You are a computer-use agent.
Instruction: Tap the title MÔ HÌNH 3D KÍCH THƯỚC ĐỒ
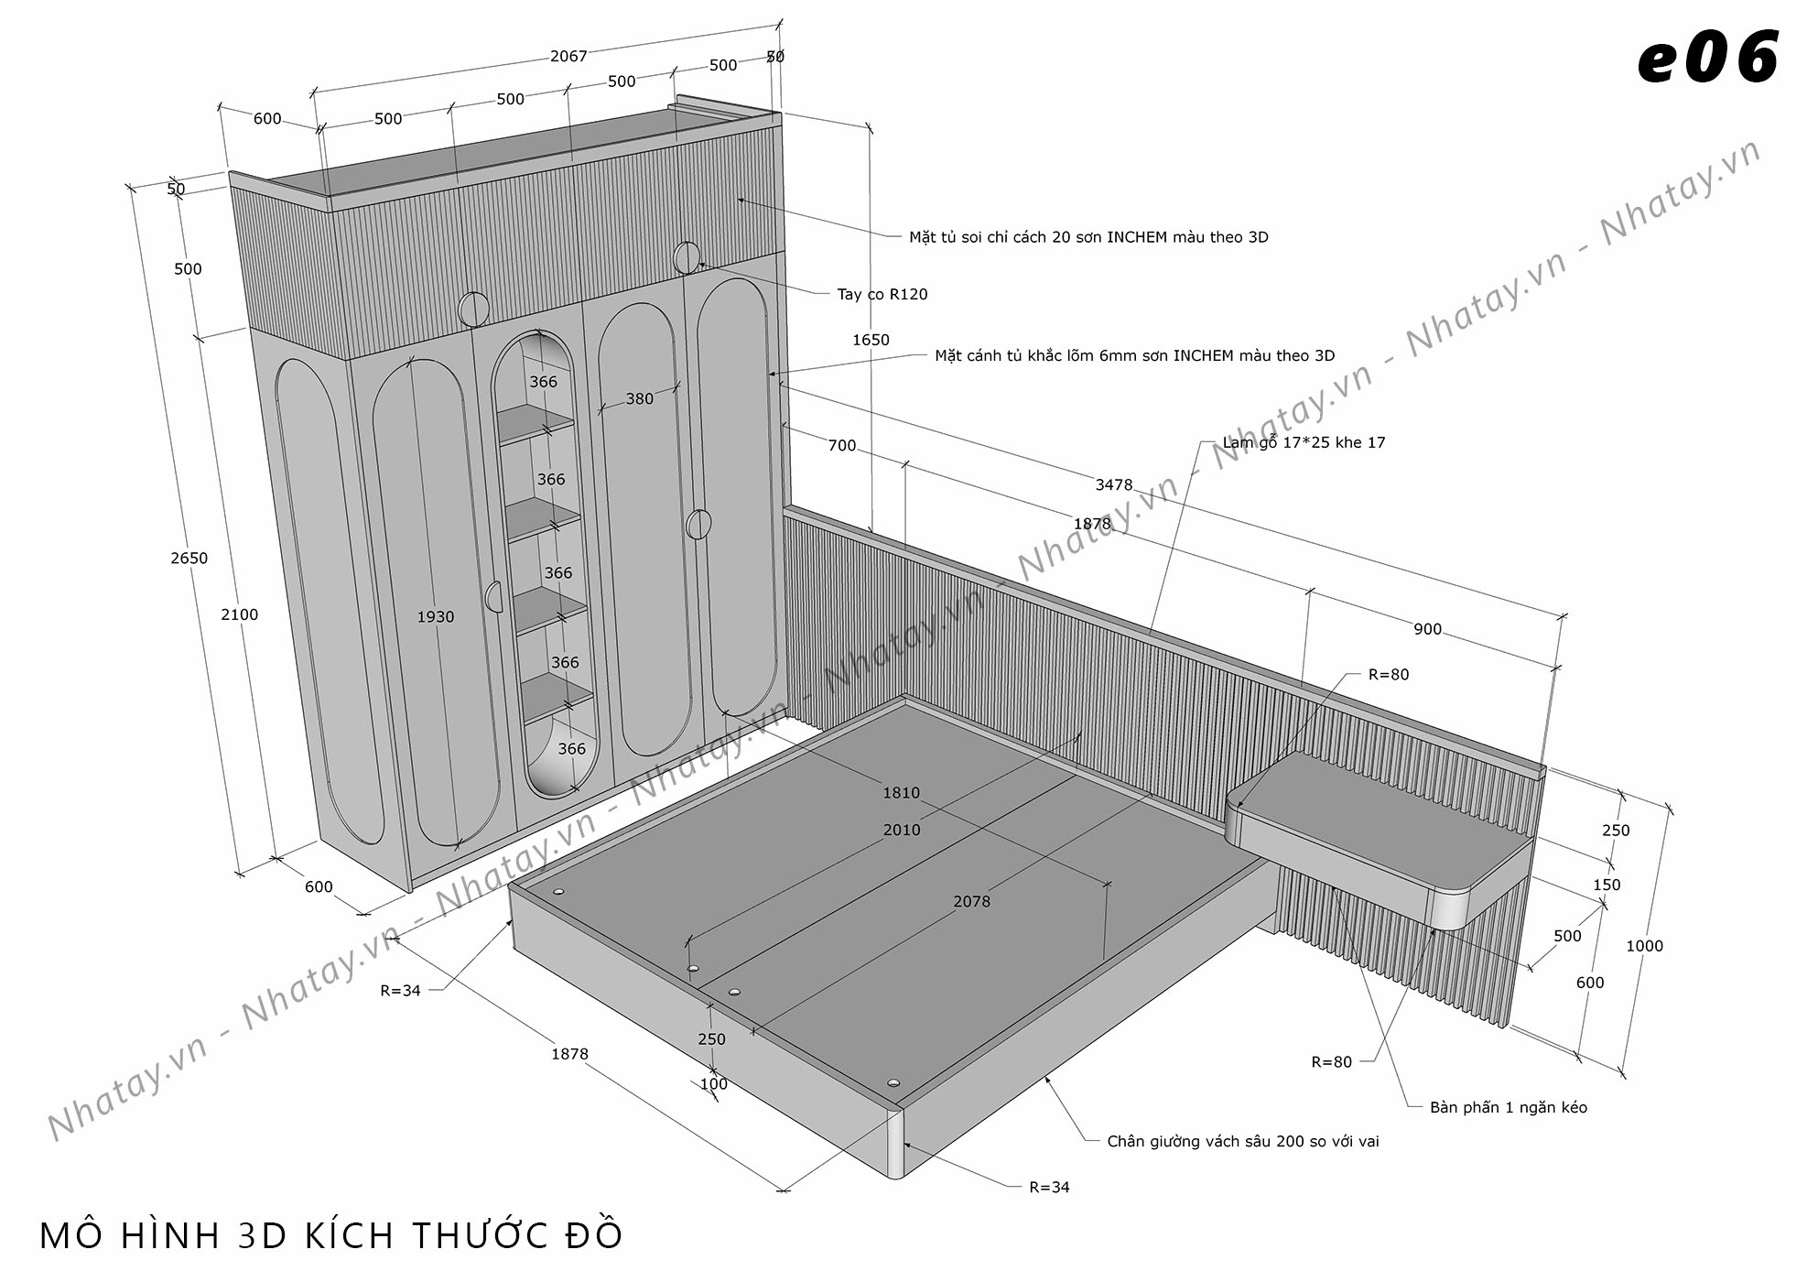[330, 1235]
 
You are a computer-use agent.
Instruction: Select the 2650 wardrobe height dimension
[189, 558]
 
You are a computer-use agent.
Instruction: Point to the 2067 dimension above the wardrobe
[568, 56]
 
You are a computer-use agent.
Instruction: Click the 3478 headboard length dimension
[1114, 484]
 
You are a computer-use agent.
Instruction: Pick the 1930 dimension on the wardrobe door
[436, 616]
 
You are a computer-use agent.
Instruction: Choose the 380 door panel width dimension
[640, 398]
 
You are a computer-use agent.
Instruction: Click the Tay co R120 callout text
[882, 294]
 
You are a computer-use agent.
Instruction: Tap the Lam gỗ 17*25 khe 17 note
[1304, 442]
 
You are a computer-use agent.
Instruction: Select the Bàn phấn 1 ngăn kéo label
[1509, 1107]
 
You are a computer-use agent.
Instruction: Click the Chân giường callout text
[1242, 1141]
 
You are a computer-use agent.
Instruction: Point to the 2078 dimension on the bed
[971, 901]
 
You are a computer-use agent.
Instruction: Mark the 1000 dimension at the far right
[1644, 946]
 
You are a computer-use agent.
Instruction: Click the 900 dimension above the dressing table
[1427, 629]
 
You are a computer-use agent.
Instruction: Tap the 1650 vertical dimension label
[871, 340]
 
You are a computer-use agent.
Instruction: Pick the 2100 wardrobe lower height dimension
[239, 614]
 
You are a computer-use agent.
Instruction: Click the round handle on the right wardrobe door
[698, 524]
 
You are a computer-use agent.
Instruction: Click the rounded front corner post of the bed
[895, 1142]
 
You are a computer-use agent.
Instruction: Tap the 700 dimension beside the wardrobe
[841, 445]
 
